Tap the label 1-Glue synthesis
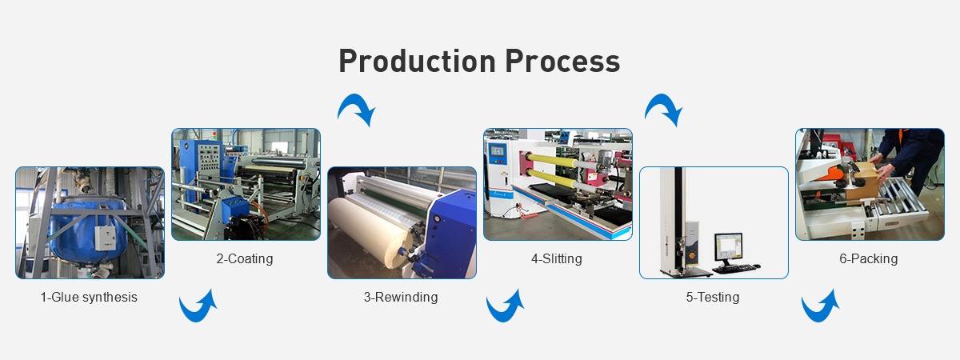pos(89,298)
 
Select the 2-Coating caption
pos(245,258)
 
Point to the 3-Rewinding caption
pos(401,298)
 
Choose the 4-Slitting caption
pos(557,258)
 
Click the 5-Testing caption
pos(713,298)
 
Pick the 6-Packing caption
pos(869,258)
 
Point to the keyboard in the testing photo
pos(735,267)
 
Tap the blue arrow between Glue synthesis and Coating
pos(198,306)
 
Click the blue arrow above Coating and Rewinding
pos(356,110)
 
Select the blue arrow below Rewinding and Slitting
pos(506,306)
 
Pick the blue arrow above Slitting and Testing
pos(663,110)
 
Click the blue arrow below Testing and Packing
pos(820,306)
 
